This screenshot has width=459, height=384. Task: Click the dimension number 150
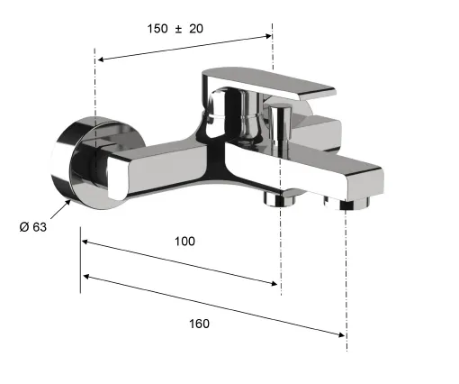[157, 29]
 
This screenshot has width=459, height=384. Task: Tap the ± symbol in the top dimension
[178, 29]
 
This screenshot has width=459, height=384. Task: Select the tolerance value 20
[196, 29]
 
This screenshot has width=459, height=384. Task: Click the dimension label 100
[184, 242]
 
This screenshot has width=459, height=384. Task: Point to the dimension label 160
[199, 324]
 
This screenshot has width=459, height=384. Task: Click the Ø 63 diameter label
[33, 227]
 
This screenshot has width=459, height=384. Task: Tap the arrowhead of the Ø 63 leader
[68, 202]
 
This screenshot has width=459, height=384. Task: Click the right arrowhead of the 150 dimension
[268, 36]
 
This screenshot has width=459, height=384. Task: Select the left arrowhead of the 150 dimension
[101, 59]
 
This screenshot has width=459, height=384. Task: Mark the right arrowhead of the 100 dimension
[274, 283]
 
